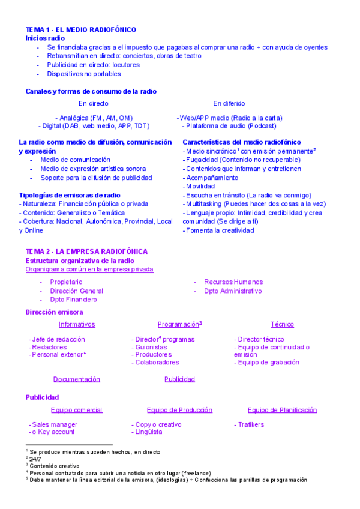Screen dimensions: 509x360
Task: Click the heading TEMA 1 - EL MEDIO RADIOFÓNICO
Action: click(80, 29)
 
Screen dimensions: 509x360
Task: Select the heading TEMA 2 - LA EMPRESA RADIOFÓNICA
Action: click(86, 251)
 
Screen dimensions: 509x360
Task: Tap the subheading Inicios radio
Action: click(45, 38)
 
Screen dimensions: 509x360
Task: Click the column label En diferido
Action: click(229, 103)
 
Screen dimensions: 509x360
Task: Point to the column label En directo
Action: click(94, 103)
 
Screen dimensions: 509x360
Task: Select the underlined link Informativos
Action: click(77, 324)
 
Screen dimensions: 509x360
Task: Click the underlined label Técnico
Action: click(282, 324)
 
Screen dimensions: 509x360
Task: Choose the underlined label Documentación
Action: click(77, 379)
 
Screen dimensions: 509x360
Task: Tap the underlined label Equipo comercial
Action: click(77, 410)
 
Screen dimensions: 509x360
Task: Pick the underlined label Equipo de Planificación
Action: click(282, 410)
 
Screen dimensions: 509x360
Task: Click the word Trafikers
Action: click(250, 424)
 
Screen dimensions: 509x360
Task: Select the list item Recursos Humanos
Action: click(233, 282)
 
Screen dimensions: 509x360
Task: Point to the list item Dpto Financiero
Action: click(73, 299)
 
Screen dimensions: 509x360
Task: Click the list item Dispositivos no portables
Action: click(84, 74)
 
